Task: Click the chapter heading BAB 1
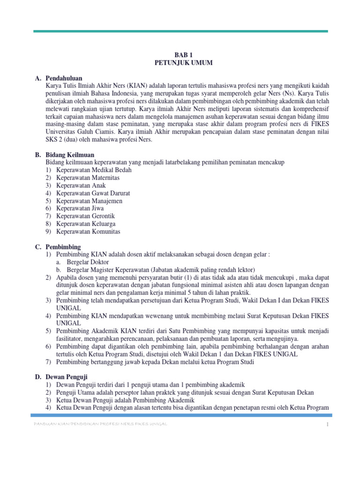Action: (180, 55)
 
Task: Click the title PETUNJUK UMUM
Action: (180, 62)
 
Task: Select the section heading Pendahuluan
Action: (64, 78)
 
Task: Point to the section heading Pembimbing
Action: (63, 247)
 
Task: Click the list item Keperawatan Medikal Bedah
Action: (94, 170)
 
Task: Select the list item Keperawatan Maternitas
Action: (88, 178)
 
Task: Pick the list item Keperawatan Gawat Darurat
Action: (93, 193)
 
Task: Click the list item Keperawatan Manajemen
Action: (89, 201)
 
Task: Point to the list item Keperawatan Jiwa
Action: (80, 209)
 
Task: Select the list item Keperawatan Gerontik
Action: (85, 216)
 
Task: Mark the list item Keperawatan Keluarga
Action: (86, 224)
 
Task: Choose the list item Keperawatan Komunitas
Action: (88, 232)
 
